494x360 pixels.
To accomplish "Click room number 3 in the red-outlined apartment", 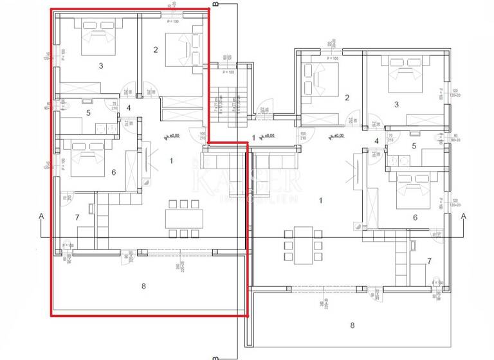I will click(101, 66).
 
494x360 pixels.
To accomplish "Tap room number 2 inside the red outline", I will click(155, 50).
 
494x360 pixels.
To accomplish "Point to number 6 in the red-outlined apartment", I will click(113, 172).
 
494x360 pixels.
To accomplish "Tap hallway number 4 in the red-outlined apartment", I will click(129, 107).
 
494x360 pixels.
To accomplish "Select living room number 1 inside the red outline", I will click(171, 161).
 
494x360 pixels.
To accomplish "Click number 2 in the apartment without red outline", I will click(347, 98).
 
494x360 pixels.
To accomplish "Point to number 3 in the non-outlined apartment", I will click(396, 104).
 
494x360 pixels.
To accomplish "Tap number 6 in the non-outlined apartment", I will click(415, 218).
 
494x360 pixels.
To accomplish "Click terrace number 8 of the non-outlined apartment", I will click(352, 325).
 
